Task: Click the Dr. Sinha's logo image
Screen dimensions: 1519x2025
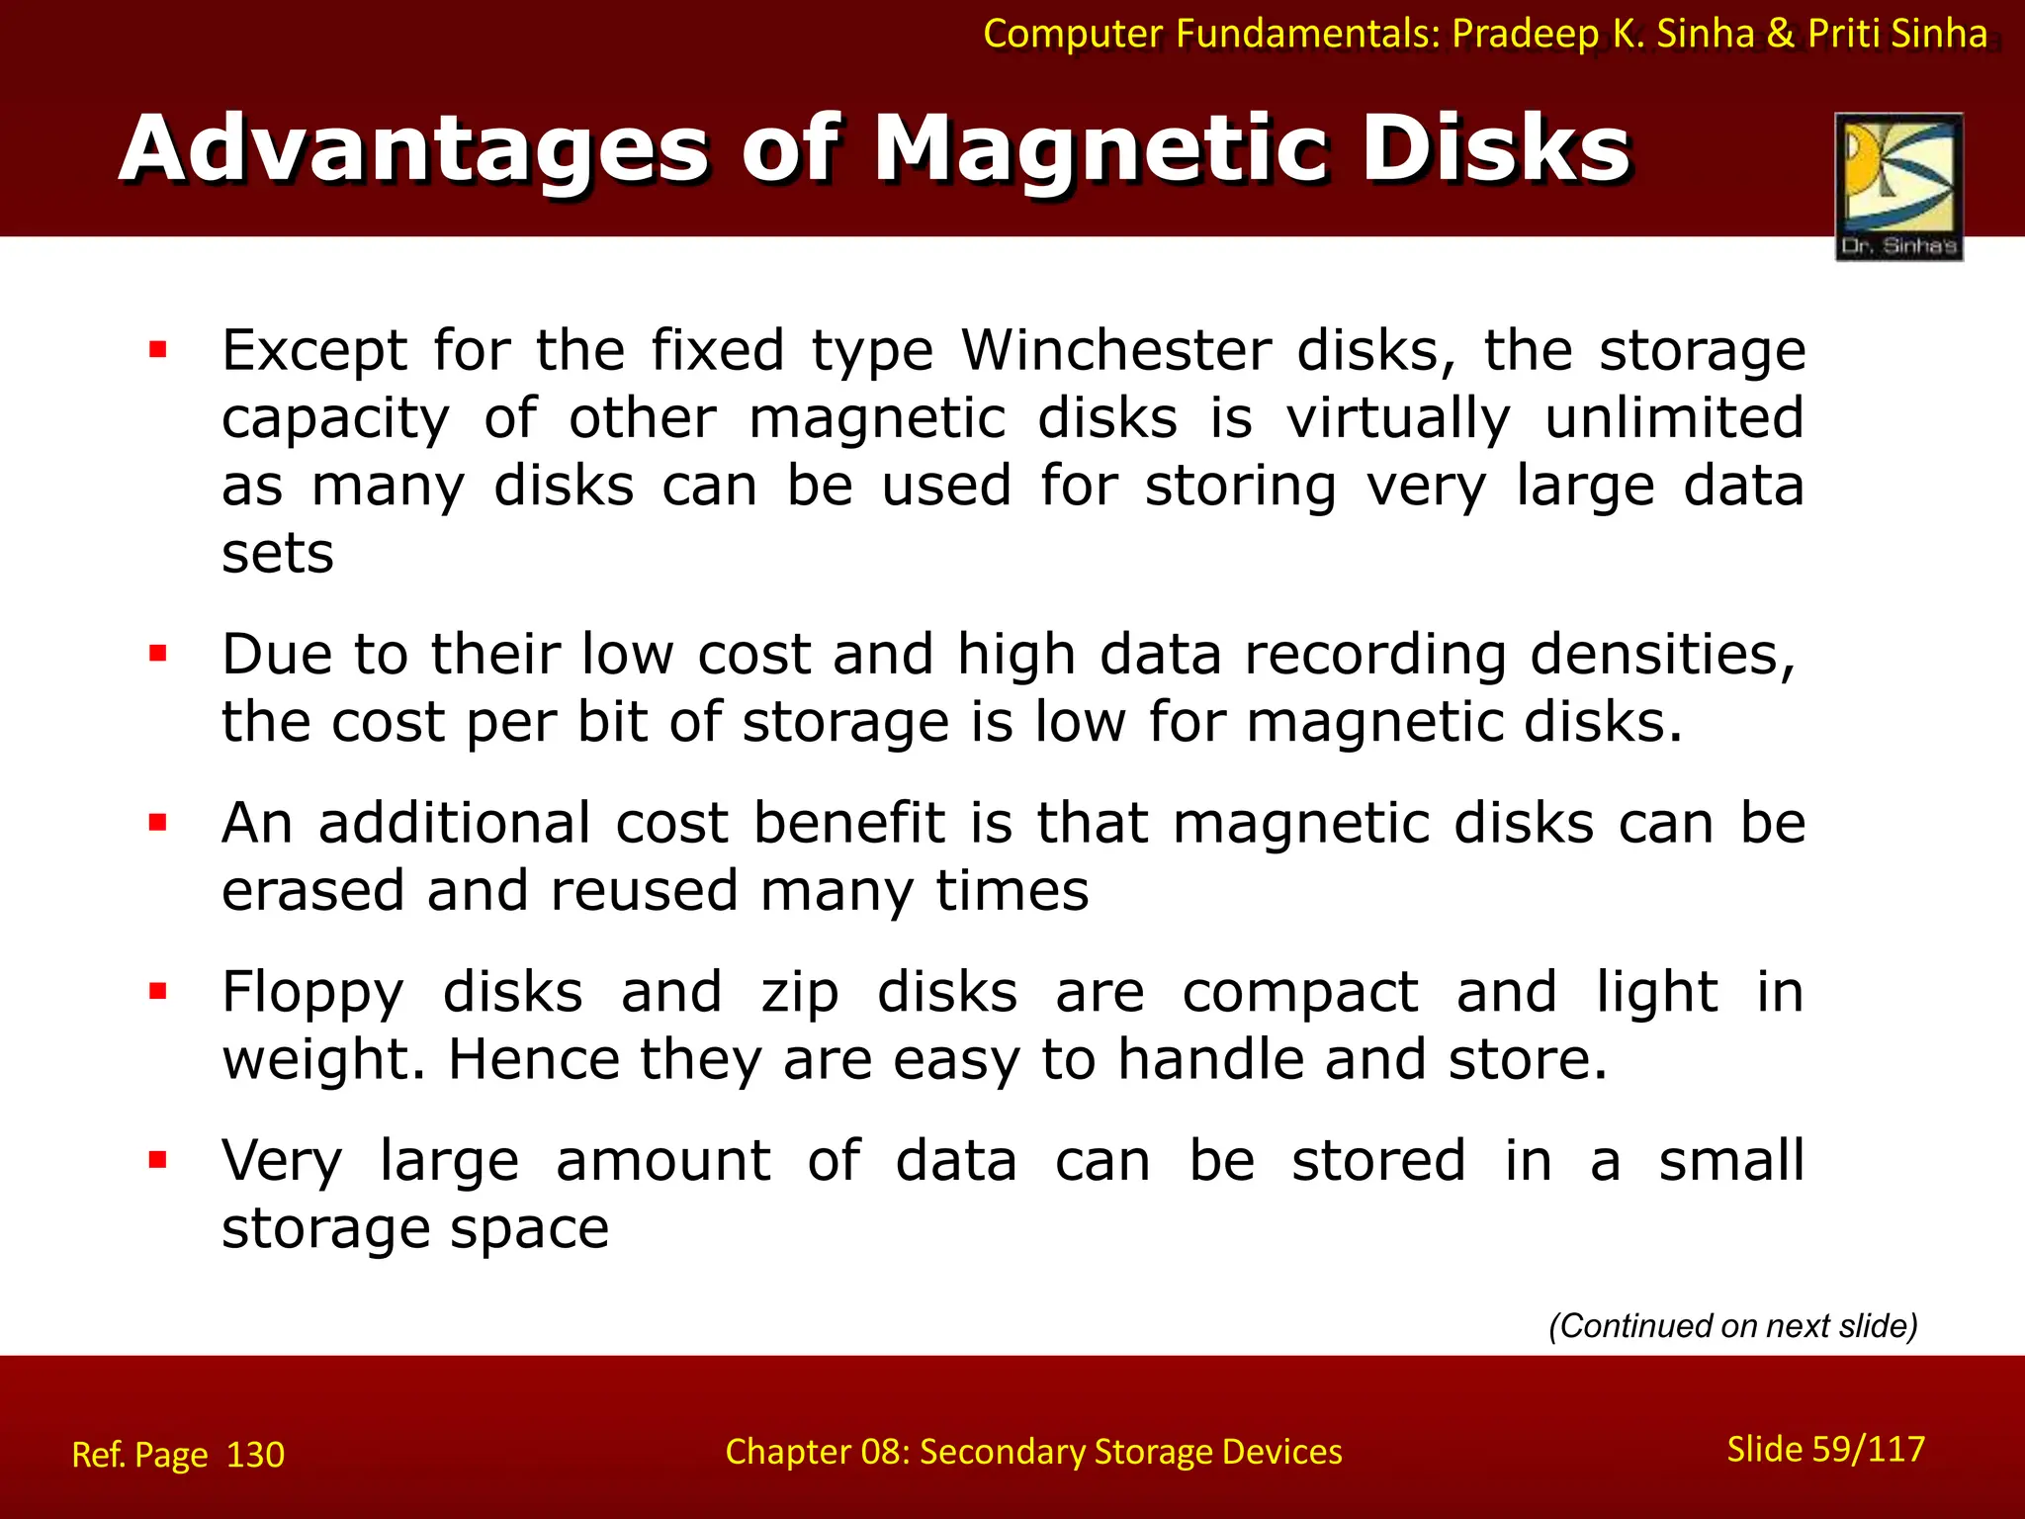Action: tap(1898, 186)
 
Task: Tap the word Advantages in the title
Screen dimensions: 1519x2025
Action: tap(414, 150)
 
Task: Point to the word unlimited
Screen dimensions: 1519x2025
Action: tap(1674, 417)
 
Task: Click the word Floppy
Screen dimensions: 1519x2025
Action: tap(312, 993)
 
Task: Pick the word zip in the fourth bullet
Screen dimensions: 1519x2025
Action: tap(799, 993)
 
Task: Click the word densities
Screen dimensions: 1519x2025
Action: tap(1662, 655)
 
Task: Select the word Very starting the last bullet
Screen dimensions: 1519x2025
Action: tap(282, 1161)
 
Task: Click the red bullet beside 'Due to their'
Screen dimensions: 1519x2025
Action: tap(158, 653)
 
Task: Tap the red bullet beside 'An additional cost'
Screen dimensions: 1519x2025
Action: tap(158, 822)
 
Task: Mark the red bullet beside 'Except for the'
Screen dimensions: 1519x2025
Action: tap(158, 349)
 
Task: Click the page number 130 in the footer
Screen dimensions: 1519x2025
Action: tap(255, 1455)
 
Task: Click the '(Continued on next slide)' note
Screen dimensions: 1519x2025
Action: tap(1732, 1325)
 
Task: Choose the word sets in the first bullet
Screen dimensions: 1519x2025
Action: tap(278, 554)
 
